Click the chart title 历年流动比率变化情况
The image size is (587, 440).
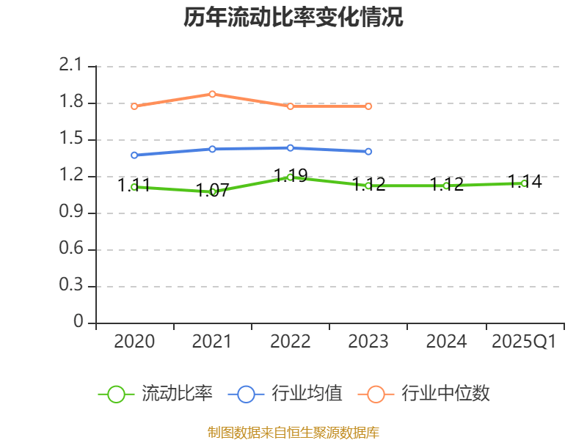tap(293, 17)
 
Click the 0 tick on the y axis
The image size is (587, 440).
tap(79, 323)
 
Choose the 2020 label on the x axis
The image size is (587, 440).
tap(134, 342)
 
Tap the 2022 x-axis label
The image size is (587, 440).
tap(291, 342)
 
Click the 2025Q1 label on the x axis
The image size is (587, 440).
tap(524, 342)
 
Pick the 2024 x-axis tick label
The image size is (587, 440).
tap(446, 342)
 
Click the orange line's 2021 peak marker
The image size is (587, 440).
tap(212, 94)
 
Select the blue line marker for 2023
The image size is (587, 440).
tap(368, 152)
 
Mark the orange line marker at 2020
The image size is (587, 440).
tap(134, 106)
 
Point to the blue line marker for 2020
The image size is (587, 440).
tap(134, 155)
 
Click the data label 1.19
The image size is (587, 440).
tap(291, 175)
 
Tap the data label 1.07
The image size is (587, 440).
tap(213, 191)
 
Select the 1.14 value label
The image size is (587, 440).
tap(525, 182)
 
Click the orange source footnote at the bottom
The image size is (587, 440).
tap(293, 432)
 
